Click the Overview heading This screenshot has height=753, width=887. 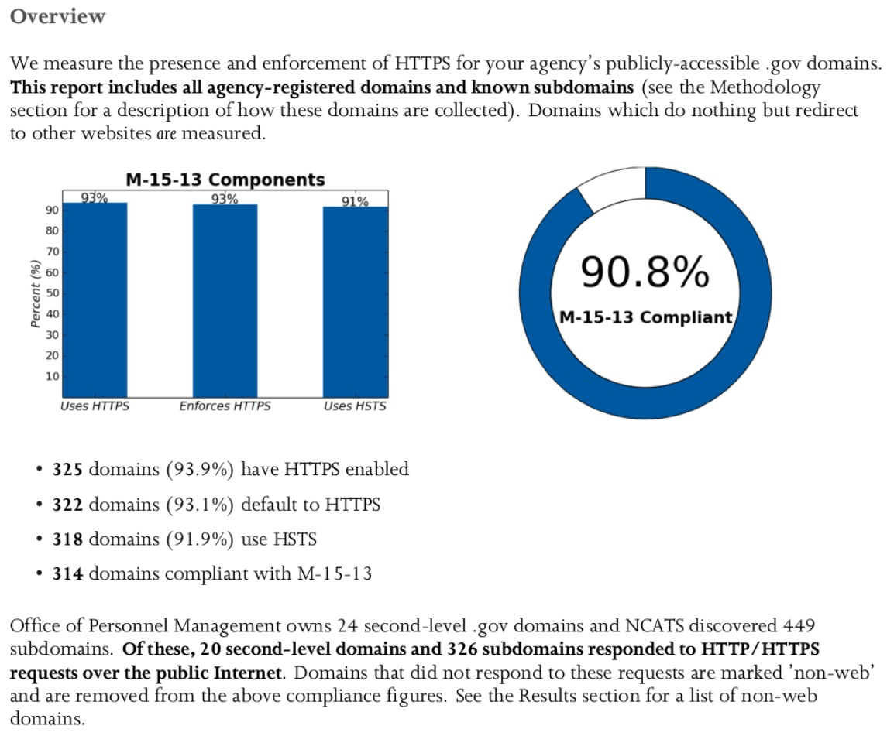point(58,16)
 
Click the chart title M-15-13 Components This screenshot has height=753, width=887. point(225,180)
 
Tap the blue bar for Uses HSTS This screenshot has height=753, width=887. point(355,301)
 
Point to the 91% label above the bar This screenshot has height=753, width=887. point(355,201)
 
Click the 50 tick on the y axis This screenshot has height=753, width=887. point(52,293)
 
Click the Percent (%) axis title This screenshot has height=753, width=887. point(35,293)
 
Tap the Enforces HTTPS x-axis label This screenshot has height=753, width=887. point(225,406)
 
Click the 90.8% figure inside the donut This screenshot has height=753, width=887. point(645,272)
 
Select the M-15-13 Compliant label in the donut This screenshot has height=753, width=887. point(645,317)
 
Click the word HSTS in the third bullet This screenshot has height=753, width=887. point(294,539)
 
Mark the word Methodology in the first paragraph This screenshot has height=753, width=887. point(765,87)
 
